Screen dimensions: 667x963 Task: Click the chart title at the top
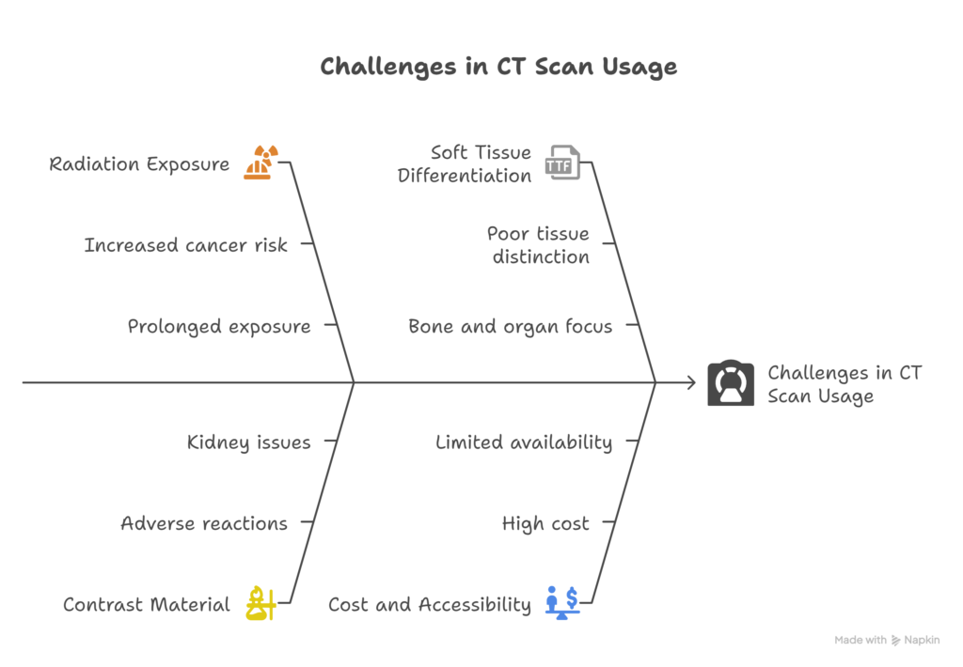tap(497, 68)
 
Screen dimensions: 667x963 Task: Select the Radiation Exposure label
tap(139, 164)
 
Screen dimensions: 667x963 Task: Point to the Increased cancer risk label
tap(185, 245)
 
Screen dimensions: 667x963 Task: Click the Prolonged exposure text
tap(219, 327)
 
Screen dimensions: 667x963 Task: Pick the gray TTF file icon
tap(562, 163)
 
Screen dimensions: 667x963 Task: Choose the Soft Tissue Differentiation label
tap(465, 163)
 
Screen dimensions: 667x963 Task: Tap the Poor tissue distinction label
tap(538, 245)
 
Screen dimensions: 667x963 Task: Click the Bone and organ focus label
tap(510, 327)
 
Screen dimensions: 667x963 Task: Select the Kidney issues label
tap(248, 442)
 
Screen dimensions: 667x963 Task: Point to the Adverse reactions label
tap(204, 523)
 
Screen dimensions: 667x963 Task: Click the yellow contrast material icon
tap(260, 603)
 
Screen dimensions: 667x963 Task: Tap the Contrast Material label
tap(146, 605)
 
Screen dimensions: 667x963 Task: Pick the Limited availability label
tap(523, 442)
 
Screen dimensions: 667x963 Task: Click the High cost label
tap(545, 523)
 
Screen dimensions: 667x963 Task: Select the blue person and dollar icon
tap(562, 602)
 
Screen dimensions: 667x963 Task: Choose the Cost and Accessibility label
tap(429, 605)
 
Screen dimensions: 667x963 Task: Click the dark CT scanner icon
tap(731, 383)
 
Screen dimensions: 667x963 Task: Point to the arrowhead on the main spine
tap(689, 382)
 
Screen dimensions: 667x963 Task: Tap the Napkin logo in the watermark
tap(898, 641)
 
